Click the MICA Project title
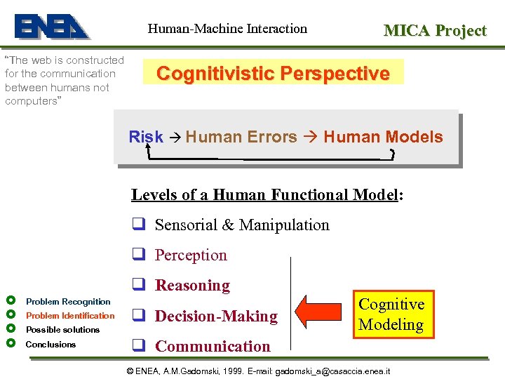click(434, 30)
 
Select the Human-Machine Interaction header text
click(227, 29)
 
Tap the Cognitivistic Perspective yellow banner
click(273, 73)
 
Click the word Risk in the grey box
click(146, 137)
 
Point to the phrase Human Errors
click(241, 137)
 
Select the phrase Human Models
click(383, 137)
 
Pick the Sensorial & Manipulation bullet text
click(241, 225)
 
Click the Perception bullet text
click(191, 255)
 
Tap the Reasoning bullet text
click(192, 285)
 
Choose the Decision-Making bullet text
click(216, 316)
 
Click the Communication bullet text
click(212, 346)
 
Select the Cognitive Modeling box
click(391, 314)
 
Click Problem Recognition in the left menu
click(68, 301)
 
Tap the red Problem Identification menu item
click(70, 315)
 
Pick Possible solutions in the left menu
click(62, 329)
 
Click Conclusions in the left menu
click(50, 344)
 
